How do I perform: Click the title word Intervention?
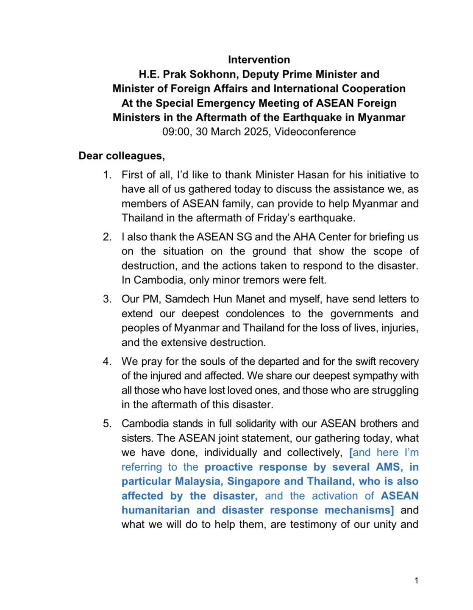(259, 60)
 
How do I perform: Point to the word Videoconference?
(315, 132)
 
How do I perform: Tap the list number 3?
(107, 299)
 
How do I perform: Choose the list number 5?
(107, 424)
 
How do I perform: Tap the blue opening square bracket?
(351, 453)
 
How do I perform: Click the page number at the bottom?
(416, 580)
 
